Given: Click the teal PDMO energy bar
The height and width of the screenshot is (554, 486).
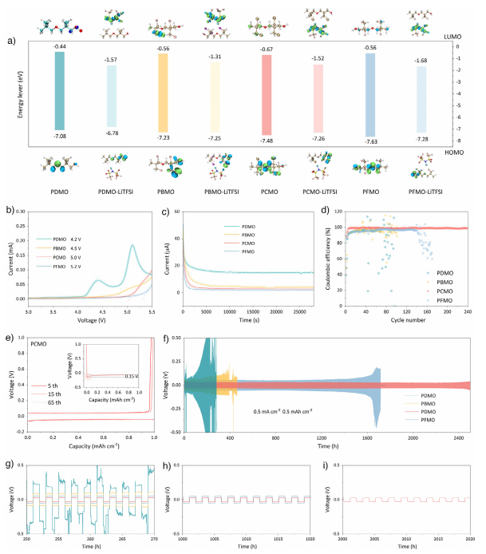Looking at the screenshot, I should tap(60, 91).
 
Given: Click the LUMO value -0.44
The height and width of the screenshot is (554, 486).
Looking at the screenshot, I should tap(59, 47).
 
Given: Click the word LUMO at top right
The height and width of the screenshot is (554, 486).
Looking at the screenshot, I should tap(451, 37).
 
